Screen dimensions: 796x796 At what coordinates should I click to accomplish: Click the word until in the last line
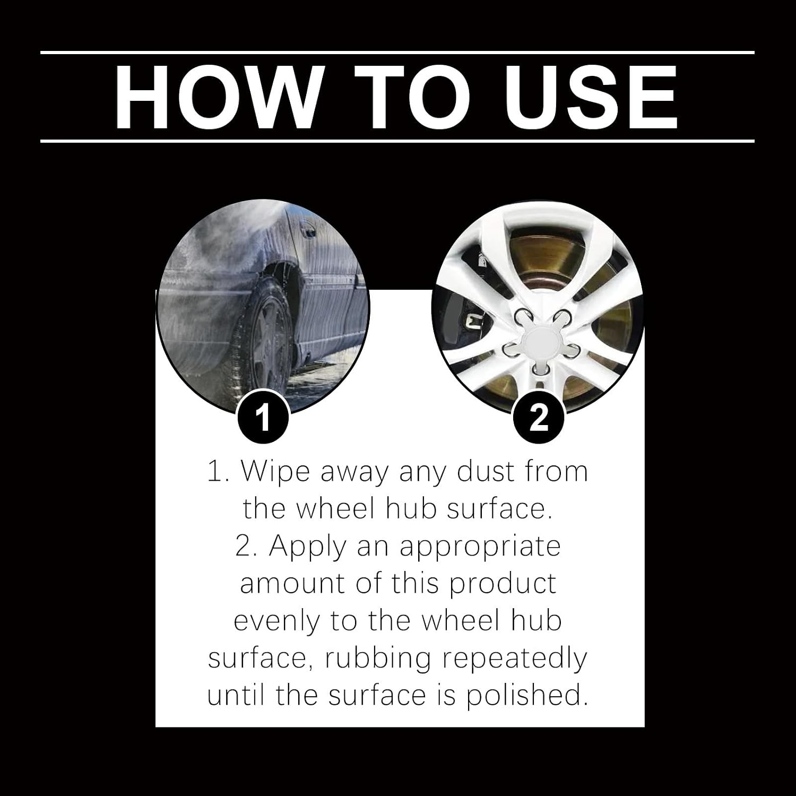237,695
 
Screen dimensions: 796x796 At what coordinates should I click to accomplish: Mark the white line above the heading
397,53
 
